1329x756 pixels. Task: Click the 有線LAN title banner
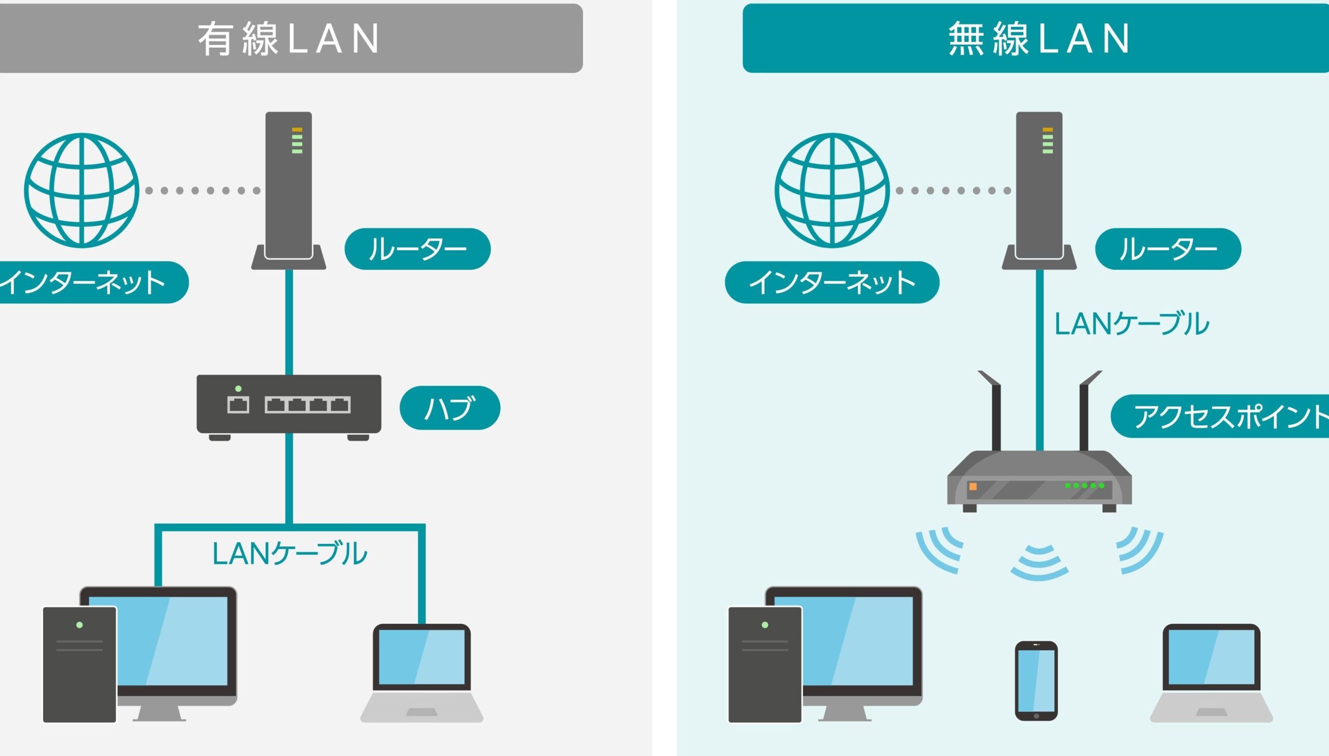pyautogui.click(x=291, y=38)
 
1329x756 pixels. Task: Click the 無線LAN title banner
pyautogui.click(x=1036, y=38)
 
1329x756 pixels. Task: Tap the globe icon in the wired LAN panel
pyautogui.click(x=82, y=190)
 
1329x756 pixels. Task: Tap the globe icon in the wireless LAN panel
pyautogui.click(x=832, y=190)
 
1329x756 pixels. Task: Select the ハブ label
pyautogui.click(x=450, y=408)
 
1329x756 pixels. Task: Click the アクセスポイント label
pyautogui.click(x=1220, y=416)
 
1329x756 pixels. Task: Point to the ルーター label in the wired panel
pyautogui.click(x=417, y=249)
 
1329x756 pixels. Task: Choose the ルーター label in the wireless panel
pyautogui.click(x=1168, y=249)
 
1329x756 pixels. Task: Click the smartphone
pyautogui.click(x=1036, y=681)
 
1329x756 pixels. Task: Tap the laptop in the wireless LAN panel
pyautogui.click(x=1211, y=673)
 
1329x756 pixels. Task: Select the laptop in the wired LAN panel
pyautogui.click(x=422, y=673)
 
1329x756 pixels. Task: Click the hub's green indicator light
pyautogui.click(x=238, y=389)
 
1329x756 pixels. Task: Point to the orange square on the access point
pyautogui.click(x=973, y=487)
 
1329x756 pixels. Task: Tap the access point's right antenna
pyautogui.click(x=1088, y=410)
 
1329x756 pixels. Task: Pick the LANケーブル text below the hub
pyautogui.click(x=290, y=554)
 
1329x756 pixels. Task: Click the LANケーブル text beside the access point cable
pyautogui.click(x=1132, y=323)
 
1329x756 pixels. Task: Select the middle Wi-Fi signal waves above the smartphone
pyautogui.click(x=1039, y=562)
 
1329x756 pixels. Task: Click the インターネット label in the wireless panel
pyautogui.click(x=832, y=282)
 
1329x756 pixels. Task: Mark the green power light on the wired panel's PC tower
pyautogui.click(x=79, y=625)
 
